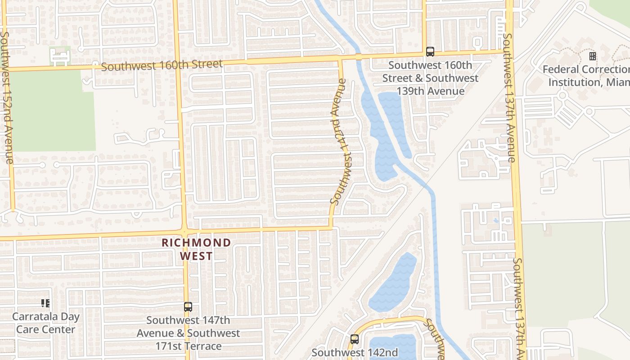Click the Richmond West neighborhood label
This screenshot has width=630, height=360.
(x=196, y=249)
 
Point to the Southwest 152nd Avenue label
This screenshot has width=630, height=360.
(x=7, y=97)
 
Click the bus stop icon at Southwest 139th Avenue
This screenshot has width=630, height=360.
(x=430, y=52)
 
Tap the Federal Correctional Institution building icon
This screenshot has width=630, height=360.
(x=593, y=56)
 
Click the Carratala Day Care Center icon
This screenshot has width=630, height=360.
(x=45, y=303)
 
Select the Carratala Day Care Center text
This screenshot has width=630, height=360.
(x=45, y=323)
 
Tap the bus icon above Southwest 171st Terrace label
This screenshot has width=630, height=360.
(x=188, y=307)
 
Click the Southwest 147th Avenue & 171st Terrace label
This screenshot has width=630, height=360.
(x=188, y=333)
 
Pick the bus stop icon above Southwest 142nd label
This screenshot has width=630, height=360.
(x=355, y=339)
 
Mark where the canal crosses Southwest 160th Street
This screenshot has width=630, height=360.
(x=359, y=57)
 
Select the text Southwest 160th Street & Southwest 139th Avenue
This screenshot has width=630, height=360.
(x=430, y=78)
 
